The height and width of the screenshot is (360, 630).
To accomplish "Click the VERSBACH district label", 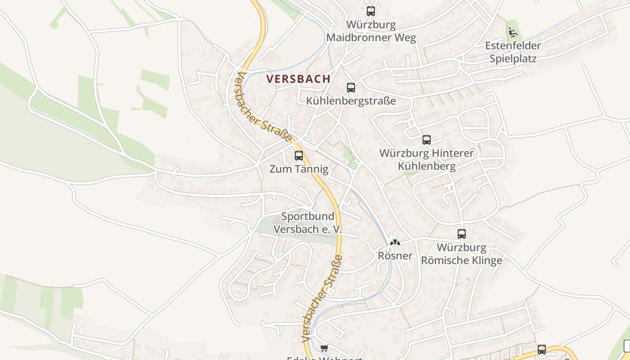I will tap(298, 79).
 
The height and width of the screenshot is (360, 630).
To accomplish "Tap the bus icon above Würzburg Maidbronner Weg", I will tap(370, 11).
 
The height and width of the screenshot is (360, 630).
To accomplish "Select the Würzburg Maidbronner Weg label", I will tap(371, 31).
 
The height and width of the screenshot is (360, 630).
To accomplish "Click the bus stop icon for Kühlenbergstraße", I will tap(351, 88).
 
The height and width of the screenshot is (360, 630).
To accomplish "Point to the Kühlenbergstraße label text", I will tap(351, 101).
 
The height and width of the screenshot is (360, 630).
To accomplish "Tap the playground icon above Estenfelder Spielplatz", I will tap(513, 32).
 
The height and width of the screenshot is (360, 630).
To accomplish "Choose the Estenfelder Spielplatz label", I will tap(513, 52).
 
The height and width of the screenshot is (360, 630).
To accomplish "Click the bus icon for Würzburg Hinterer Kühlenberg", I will tap(426, 140).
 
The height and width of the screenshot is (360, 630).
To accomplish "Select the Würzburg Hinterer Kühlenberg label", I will tap(427, 160).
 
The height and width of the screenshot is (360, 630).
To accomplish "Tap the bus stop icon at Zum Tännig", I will tap(298, 156).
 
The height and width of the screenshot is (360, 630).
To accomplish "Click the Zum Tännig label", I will tap(299, 169).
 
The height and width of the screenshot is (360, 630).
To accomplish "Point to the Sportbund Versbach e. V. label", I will tap(308, 223).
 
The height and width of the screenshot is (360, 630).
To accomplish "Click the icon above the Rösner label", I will tap(395, 242).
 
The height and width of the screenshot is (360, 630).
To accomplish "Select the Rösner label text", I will tap(395, 256).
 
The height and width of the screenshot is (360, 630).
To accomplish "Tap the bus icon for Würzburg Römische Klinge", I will tap(461, 234).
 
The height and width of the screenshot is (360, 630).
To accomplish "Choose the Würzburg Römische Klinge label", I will tap(462, 254).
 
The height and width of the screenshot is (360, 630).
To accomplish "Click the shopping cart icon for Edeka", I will tap(324, 348).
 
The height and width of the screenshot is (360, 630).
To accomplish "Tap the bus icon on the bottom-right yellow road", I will tap(541, 349).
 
